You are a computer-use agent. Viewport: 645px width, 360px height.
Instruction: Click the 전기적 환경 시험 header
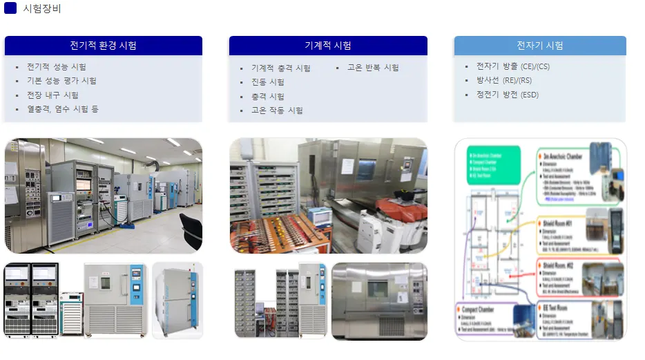103,46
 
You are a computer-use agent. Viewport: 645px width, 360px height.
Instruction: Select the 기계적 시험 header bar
328,46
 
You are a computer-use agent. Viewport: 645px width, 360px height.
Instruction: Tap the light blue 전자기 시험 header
540,46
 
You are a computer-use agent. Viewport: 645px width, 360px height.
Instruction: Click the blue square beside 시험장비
10,8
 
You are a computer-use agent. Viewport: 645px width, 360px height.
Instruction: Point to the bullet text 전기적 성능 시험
57,67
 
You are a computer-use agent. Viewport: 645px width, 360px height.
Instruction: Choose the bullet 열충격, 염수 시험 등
63,109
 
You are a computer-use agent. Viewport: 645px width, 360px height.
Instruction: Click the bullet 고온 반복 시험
373,68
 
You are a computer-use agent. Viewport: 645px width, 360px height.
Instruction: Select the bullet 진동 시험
268,82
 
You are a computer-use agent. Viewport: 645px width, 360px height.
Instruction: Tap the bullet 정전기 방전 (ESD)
508,95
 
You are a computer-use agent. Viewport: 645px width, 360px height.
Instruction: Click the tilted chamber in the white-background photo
177,301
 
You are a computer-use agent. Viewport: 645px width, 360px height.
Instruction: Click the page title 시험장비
42,8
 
